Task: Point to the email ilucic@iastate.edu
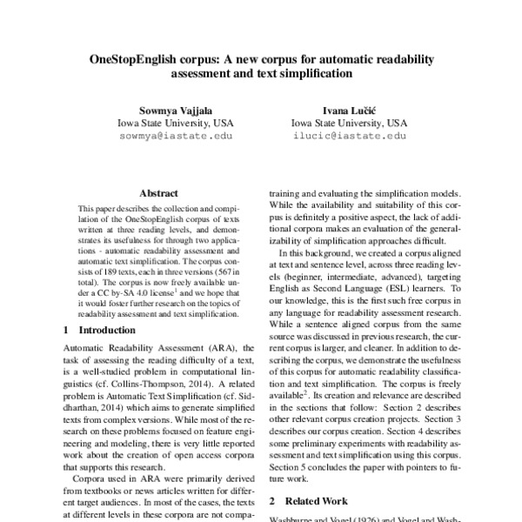click(347, 136)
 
